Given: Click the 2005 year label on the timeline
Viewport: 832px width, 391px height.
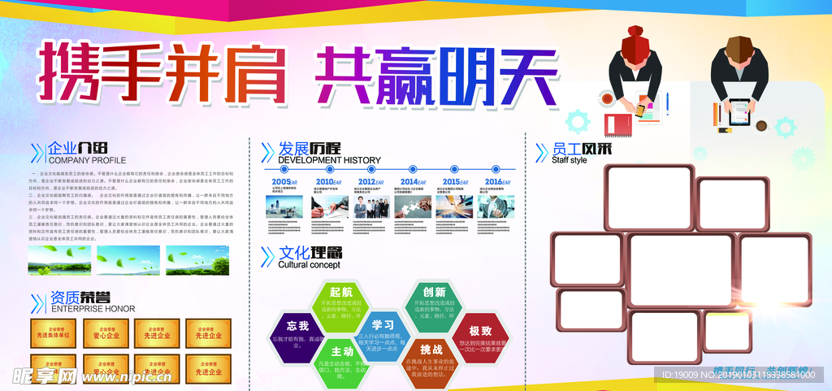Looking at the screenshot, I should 281,182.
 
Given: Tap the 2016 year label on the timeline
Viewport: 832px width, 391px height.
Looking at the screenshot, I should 494,182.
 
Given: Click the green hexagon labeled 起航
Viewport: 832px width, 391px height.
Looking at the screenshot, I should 341,303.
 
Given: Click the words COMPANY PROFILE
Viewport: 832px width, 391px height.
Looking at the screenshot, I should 88,160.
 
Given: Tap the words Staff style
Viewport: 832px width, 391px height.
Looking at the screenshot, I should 569,160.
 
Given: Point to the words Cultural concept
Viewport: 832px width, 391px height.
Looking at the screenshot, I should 309,265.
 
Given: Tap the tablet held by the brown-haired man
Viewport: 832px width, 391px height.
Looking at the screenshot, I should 739,106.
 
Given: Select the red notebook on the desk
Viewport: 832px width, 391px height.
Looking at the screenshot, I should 618,124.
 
